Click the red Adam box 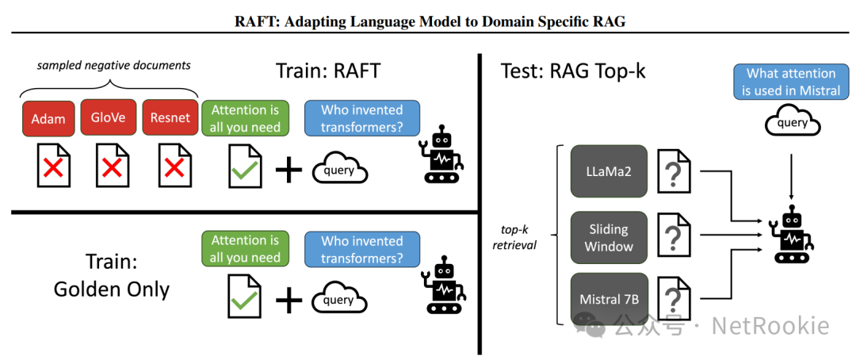click(48, 117)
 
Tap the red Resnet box click(170, 117)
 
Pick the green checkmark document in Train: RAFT click(245, 166)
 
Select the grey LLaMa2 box click(609, 171)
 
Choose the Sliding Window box click(609, 236)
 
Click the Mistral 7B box click(609, 301)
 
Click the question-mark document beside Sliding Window click(673, 236)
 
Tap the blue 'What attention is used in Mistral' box click(790, 82)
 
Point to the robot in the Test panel click(791, 233)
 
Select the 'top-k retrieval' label click(514, 236)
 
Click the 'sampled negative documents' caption click(114, 64)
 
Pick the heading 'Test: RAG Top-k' click(573, 71)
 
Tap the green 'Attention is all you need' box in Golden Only click(245, 248)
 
